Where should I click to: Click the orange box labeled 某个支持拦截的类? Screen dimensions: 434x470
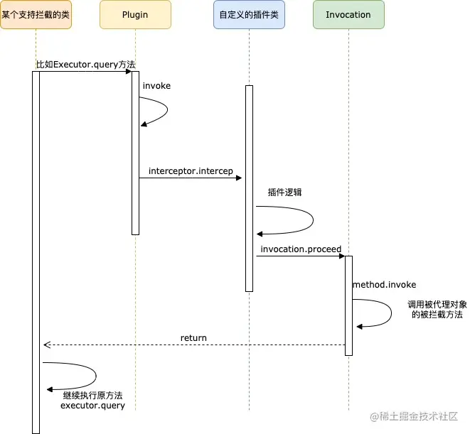pos(36,15)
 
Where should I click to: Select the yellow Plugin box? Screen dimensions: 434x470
pos(135,15)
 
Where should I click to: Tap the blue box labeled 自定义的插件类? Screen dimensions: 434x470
pos(249,15)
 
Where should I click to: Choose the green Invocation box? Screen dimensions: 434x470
pos(348,15)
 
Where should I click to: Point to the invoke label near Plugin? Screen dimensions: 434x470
pos(156,85)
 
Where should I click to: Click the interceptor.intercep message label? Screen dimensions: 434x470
pos(191,171)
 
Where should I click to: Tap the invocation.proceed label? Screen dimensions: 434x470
pos(301,249)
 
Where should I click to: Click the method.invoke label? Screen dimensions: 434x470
pos(384,284)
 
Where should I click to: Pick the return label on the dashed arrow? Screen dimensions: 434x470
pos(193,338)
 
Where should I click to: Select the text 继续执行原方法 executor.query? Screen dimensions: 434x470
pos(92,400)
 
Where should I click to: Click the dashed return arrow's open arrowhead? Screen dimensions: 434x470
pos(46,345)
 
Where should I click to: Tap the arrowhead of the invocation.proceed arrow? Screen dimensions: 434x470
pos(341,256)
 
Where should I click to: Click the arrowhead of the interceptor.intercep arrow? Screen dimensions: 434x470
pos(239,178)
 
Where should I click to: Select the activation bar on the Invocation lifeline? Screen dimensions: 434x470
pos(348,305)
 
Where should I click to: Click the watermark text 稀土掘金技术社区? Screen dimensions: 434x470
pos(417,417)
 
